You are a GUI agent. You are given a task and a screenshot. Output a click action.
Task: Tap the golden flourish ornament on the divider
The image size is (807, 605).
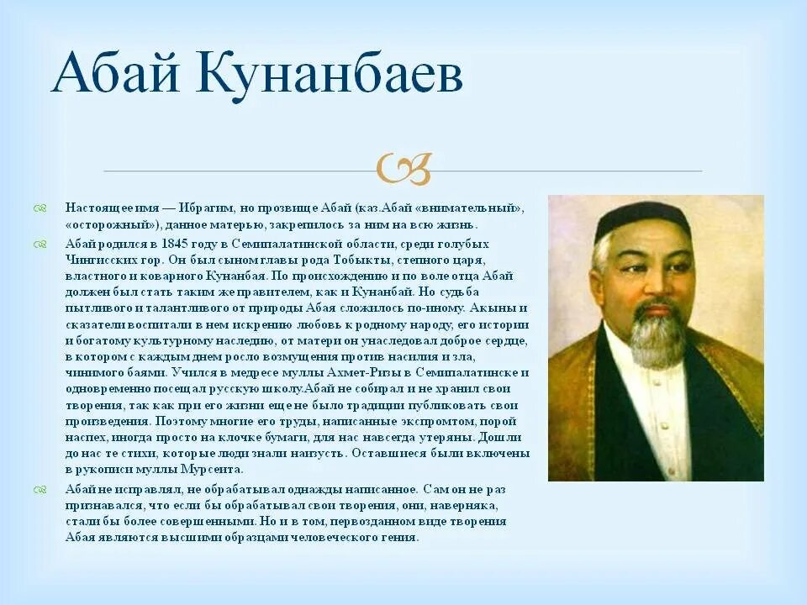coord(404,168)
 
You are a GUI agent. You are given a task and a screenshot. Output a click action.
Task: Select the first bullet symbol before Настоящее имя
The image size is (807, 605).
coord(40,208)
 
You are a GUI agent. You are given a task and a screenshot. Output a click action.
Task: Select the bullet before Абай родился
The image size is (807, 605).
coord(40,244)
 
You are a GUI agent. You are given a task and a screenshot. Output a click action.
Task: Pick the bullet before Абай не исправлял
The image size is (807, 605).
coord(40,489)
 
